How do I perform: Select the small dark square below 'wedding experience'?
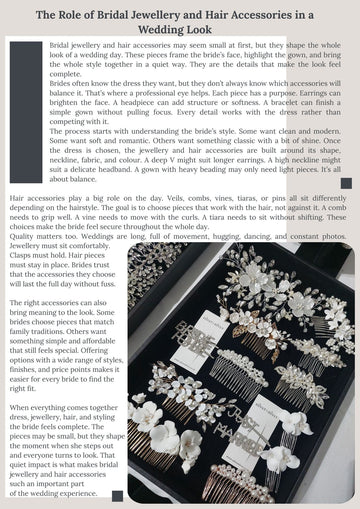tap(118, 496)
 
